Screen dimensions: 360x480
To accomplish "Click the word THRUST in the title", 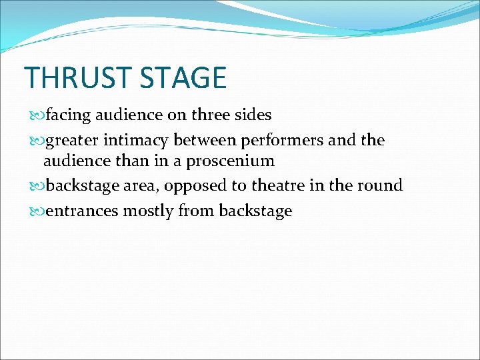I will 71,78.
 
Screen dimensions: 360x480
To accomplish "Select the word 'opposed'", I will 199,185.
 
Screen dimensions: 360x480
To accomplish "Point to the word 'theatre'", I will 276,185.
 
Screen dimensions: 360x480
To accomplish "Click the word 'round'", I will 380,185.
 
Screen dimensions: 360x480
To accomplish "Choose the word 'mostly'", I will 147,211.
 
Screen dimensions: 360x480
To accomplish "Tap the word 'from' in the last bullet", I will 196,211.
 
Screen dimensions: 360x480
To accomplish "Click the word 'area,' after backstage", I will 140,185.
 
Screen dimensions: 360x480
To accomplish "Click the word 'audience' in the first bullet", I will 129,115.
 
